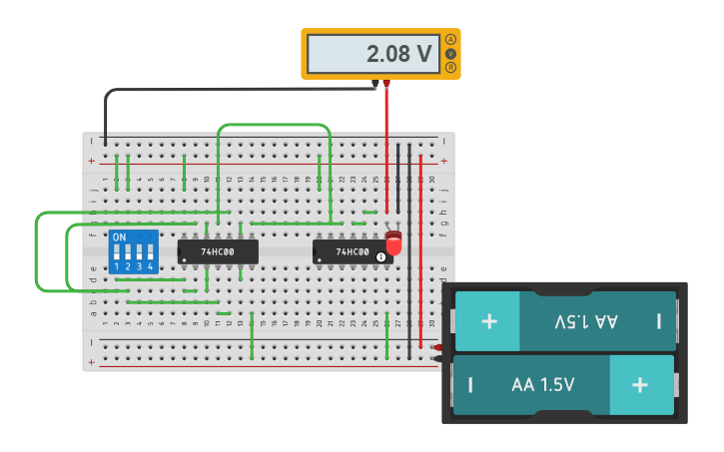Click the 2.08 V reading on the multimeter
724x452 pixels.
(399, 54)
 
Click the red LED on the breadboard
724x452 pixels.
(393, 242)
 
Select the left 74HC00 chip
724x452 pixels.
(218, 251)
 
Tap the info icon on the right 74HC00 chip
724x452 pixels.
(380, 257)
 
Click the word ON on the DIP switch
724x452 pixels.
(119, 237)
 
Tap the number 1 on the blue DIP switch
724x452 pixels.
(117, 266)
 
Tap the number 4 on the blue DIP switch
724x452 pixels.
(151, 266)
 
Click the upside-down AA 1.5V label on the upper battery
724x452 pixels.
(585, 321)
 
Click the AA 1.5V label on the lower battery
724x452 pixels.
(542, 384)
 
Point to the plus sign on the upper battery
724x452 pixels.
(489, 321)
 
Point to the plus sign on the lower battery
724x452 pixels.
(640, 384)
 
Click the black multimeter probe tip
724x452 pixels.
(375, 84)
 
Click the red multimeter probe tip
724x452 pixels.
(386, 84)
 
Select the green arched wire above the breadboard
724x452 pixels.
(274, 125)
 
